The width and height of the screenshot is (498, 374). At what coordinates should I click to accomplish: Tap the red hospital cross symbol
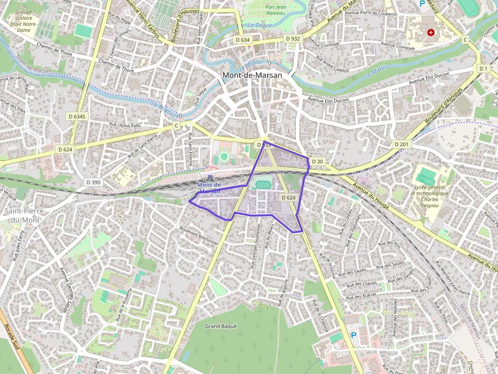[431, 32]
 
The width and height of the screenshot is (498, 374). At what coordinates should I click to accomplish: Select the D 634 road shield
[243, 39]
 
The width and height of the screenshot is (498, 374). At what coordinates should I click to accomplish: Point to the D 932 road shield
[293, 39]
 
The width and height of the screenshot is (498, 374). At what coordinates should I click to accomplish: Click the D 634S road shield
[77, 117]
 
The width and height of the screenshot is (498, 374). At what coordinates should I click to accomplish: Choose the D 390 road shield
[94, 182]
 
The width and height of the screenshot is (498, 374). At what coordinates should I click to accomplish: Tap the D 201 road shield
[401, 144]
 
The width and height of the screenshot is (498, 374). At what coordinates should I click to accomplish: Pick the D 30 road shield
[317, 161]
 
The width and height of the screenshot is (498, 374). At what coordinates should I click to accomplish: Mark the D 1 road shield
[483, 68]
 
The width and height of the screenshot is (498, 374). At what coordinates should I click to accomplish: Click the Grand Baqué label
[221, 326]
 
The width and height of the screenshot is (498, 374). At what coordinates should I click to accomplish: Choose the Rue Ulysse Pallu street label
[125, 124]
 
